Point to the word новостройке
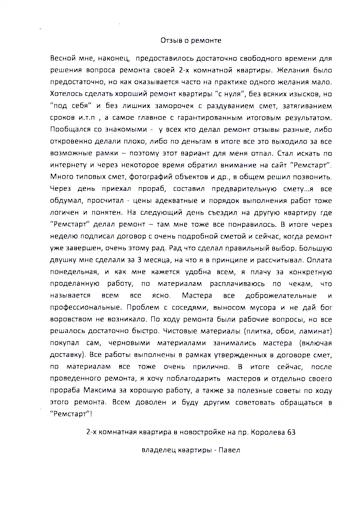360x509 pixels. pyautogui.click(x=199, y=432)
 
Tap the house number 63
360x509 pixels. pyautogui.click(x=291, y=432)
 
